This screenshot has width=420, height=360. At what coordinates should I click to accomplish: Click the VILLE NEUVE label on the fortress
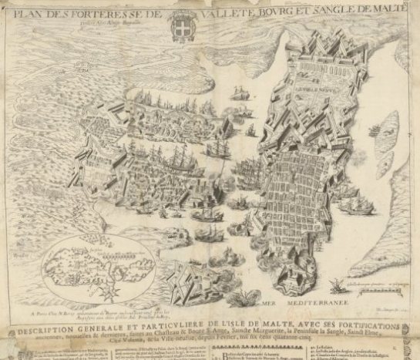(304, 98)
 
